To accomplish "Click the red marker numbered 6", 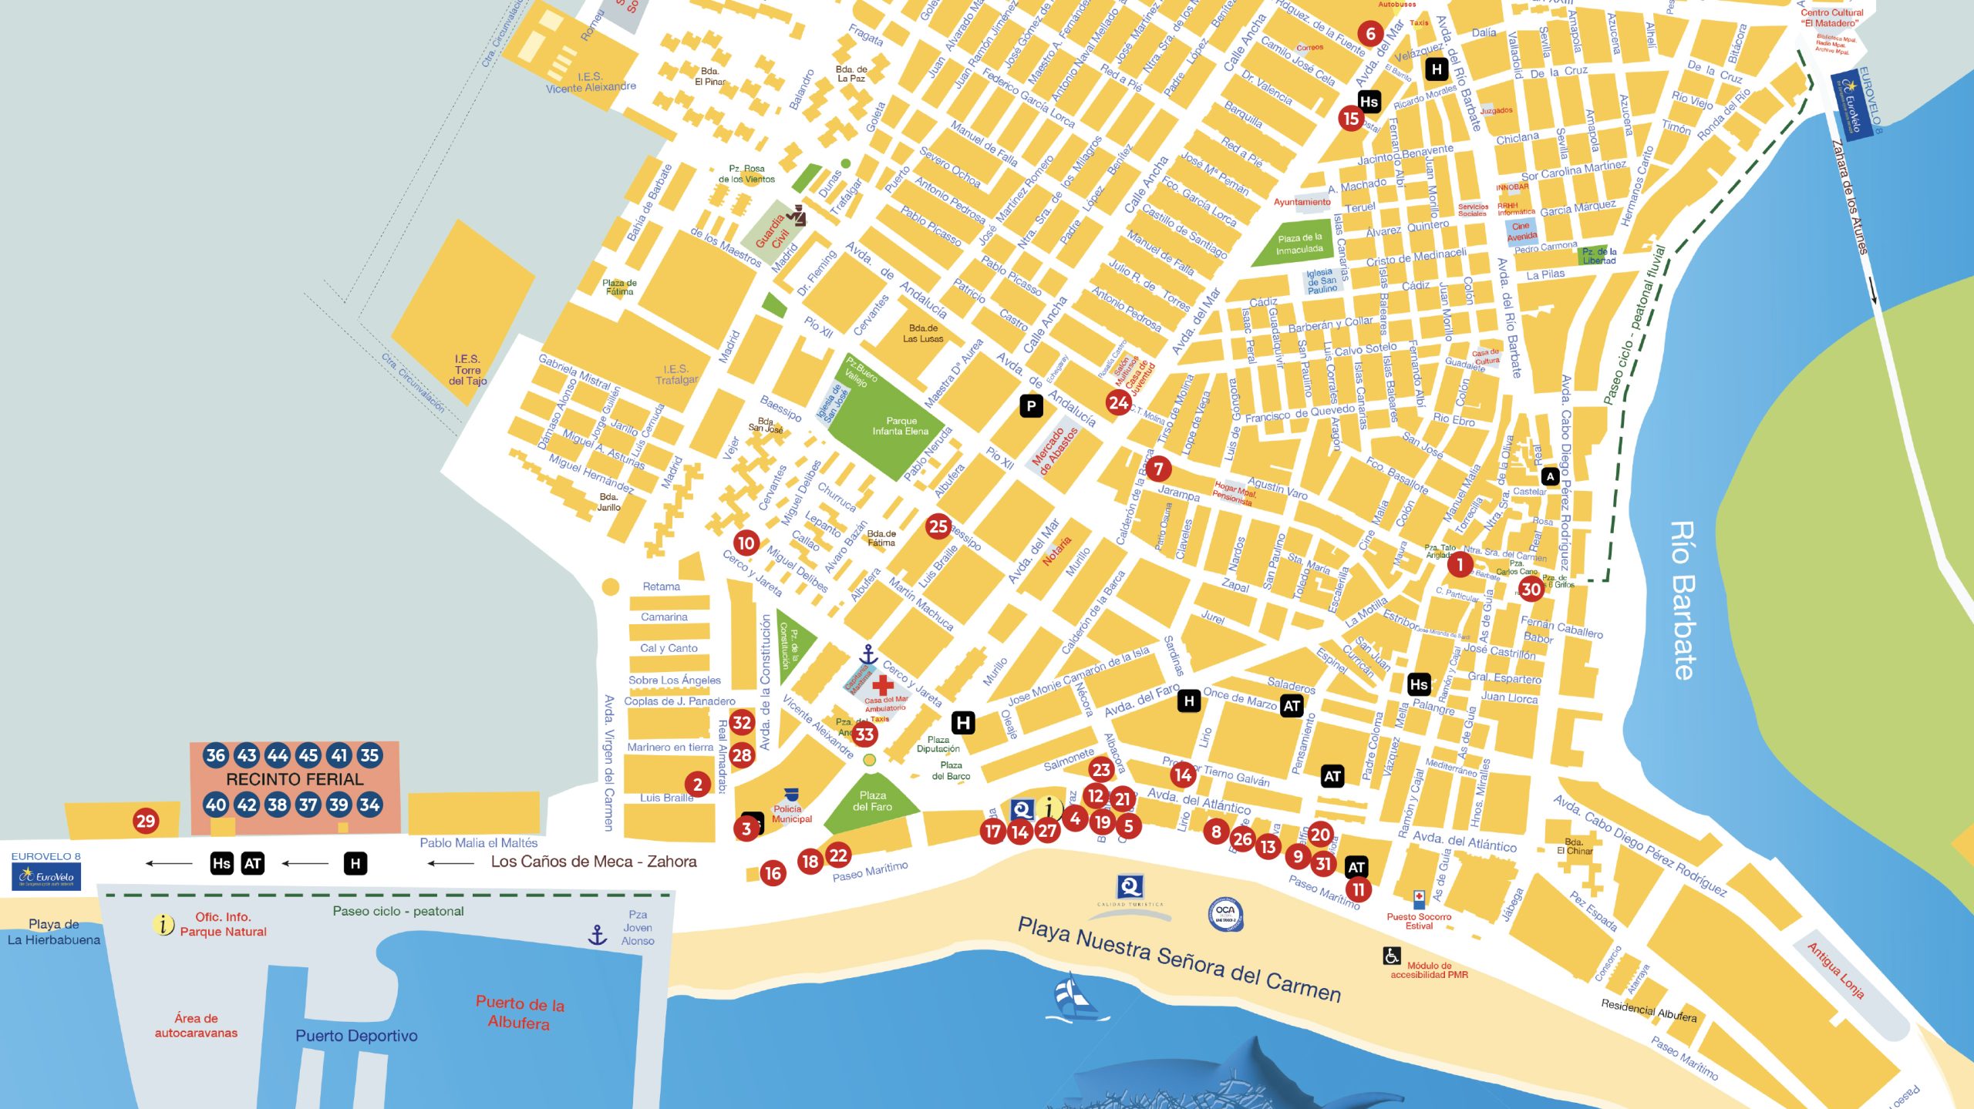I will pyautogui.click(x=1370, y=33).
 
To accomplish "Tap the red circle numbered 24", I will pyautogui.click(x=1118, y=402).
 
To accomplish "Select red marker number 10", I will pyautogui.click(x=746, y=543).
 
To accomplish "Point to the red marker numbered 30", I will pyautogui.click(x=1530, y=589).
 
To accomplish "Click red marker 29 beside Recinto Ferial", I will pyautogui.click(x=146, y=820).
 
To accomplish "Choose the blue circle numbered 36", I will pyautogui.click(x=216, y=755).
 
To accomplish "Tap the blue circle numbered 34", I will pyautogui.click(x=369, y=805).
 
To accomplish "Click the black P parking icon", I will pyautogui.click(x=1031, y=405).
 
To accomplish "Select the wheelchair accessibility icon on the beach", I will pyautogui.click(x=1391, y=956).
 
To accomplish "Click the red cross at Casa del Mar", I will pyautogui.click(x=882, y=684).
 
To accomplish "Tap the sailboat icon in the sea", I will pyautogui.click(x=1074, y=998).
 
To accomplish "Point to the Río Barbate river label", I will pyautogui.click(x=1683, y=600).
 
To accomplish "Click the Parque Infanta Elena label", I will pyautogui.click(x=901, y=426).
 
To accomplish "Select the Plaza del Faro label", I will pyautogui.click(x=872, y=801).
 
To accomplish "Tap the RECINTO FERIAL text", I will pyautogui.click(x=295, y=779).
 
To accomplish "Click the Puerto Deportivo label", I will pyautogui.click(x=356, y=1035).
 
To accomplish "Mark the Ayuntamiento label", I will pyautogui.click(x=1302, y=202).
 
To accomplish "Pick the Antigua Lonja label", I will pyautogui.click(x=1835, y=970).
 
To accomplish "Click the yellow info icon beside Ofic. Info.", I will pyautogui.click(x=163, y=923).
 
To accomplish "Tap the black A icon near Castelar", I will pyautogui.click(x=1550, y=476).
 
